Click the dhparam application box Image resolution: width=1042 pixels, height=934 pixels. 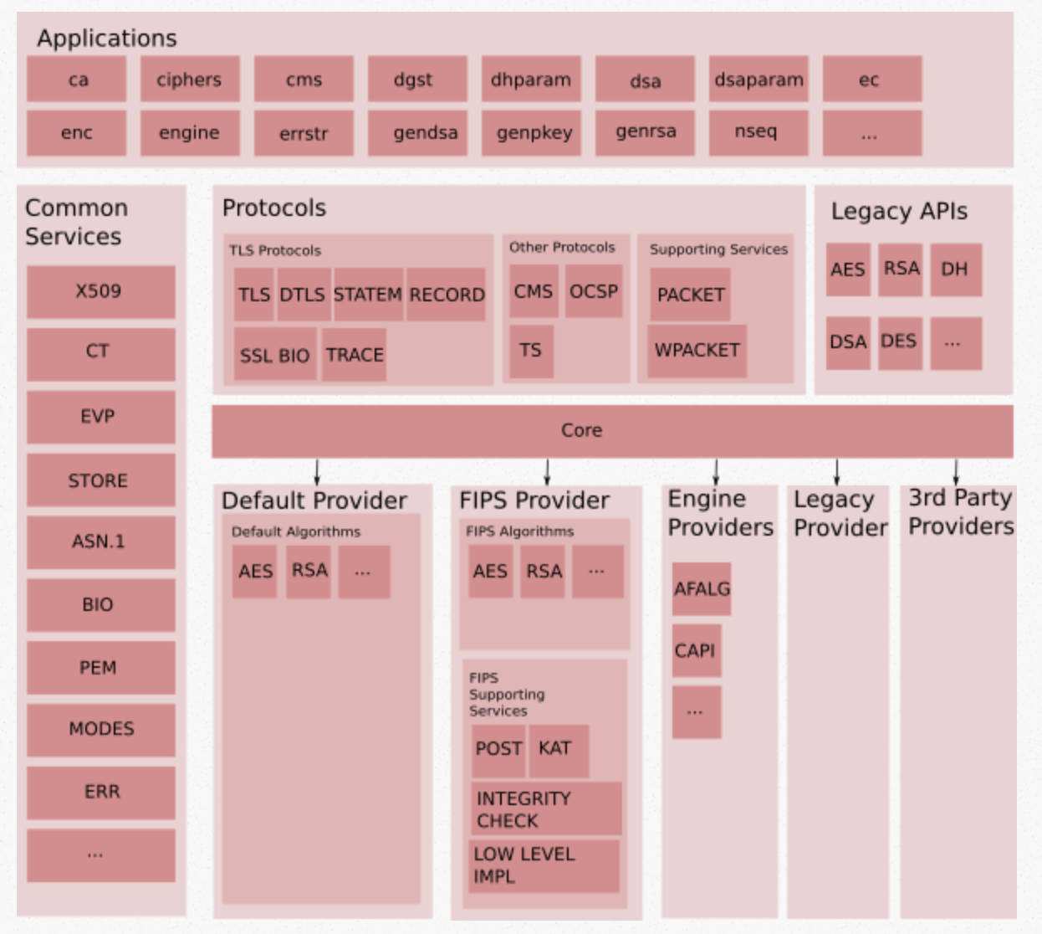(x=531, y=80)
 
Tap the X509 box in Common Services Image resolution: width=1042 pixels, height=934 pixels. (x=100, y=291)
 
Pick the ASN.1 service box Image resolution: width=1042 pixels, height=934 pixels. (x=100, y=541)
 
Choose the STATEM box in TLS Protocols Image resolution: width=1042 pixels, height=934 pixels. (x=368, y=295)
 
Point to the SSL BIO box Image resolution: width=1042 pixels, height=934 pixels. (x=275, y=355)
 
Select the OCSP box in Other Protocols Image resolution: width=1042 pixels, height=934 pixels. (x=593, y=291)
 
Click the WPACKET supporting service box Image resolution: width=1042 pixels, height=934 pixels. (x=697, y=350)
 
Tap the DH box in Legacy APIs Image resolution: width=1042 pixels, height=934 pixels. (x=955, y=269)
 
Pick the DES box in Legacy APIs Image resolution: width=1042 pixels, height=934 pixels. (x=899, y=341)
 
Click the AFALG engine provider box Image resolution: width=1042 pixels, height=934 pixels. (x=701, y=589)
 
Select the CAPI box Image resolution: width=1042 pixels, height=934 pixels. (x=696, y=650)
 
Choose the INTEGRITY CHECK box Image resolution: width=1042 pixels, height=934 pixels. (x=546, y=809)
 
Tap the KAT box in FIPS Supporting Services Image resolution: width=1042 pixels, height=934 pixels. (x=557, y=749)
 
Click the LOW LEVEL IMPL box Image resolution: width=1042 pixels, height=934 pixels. (x=544, y=865)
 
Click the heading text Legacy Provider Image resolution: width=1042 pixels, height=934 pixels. (x=839, y=514)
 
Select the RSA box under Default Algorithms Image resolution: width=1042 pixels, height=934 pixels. (x=309, y=571)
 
